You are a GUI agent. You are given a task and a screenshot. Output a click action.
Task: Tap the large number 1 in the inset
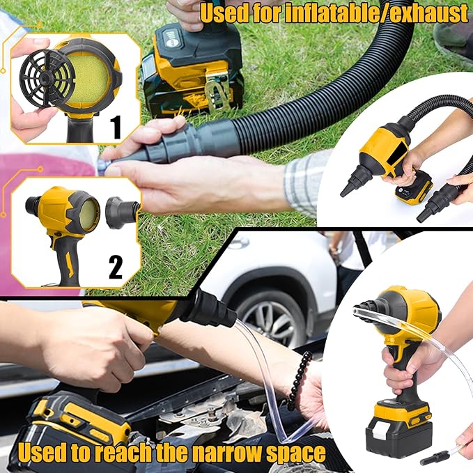pyautogui.click(x=116, y=127)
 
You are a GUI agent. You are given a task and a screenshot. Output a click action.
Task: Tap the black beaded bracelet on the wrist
pyautogui.click(x=298, y=380)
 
